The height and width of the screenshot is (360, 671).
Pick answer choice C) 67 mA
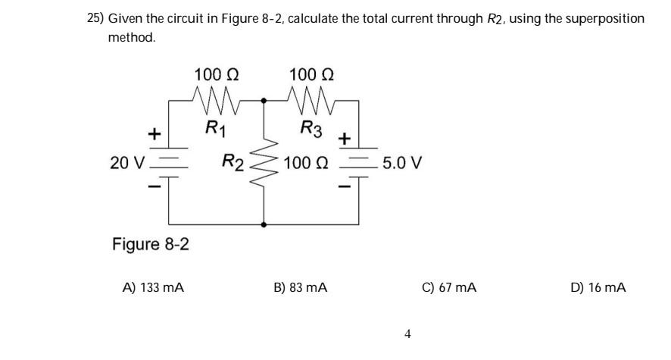point(448,288)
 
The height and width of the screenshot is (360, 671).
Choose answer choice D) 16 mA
point(598,288)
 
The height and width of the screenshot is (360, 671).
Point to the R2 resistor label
point(233,161)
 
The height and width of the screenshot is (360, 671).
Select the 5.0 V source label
point(403,163)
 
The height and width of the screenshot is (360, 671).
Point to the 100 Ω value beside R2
point(308,163)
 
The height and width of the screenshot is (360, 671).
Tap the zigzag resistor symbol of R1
point(217,98)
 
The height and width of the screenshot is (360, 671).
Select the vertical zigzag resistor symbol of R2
point(264,162)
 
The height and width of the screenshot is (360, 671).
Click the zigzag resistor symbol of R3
point(312,98)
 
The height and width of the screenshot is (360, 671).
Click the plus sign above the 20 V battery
point(154,134)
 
